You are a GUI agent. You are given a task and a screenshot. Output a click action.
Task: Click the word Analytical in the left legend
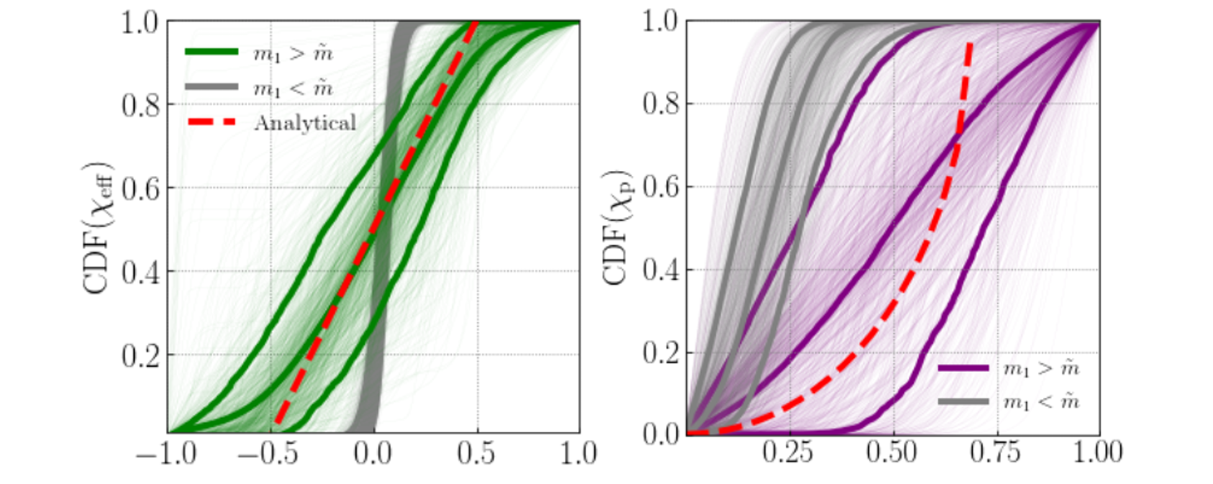pos(305,122)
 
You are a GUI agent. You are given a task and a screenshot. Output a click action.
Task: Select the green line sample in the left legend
pos(211,52)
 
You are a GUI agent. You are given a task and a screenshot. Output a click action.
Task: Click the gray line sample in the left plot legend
pos(211,87)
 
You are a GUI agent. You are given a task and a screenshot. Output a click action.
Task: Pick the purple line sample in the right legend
pos(963,368)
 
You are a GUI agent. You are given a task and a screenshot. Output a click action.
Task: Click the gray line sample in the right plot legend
pos(963,402)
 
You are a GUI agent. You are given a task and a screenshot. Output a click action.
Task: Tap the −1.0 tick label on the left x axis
pos(166,454)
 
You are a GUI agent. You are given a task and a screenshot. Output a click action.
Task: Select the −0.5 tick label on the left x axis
pos(269,454)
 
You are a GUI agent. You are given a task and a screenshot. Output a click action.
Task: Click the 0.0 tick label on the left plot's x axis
pos(373,454)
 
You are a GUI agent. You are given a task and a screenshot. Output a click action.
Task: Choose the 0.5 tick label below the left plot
pos(476,454)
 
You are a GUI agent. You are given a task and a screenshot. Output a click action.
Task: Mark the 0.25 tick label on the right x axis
pos(788,452)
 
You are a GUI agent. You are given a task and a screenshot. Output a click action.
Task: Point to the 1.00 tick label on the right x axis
pos(1098,452)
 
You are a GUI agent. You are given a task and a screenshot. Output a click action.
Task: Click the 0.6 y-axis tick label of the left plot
pos(140,188)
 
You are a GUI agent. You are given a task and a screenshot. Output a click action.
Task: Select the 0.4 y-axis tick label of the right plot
pos(661,270)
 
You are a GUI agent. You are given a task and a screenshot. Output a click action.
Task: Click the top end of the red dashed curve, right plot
pos(970,43)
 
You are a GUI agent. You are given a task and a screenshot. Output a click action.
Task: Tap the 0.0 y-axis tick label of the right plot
pos(661,434)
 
